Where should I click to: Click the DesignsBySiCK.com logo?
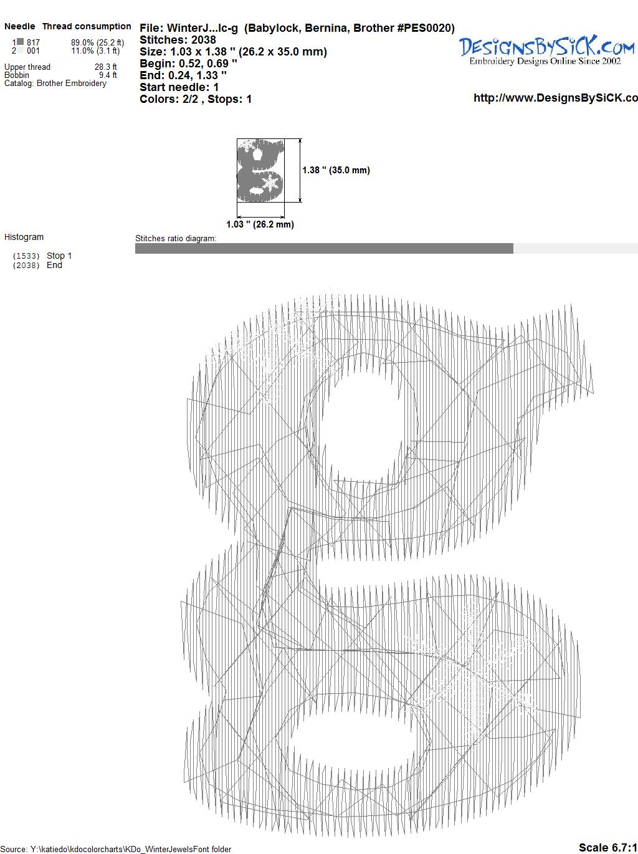546,50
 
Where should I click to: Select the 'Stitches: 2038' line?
178,40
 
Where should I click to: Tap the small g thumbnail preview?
260,170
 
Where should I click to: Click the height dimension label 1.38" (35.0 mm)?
336,170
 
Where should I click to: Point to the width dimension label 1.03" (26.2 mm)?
260,224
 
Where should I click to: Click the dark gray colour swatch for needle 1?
21,42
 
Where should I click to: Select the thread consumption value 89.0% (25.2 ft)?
97,42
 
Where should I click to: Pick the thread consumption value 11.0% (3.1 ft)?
95,50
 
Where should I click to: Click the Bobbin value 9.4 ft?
108,75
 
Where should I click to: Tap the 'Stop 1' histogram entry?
59,256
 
